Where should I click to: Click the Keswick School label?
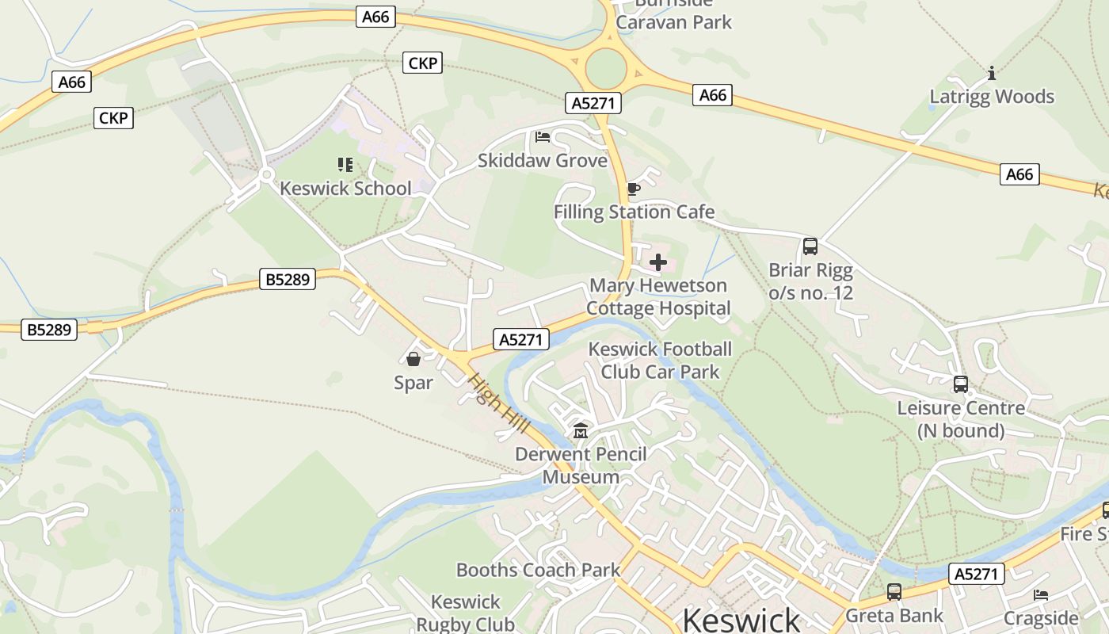[x=345, y=189]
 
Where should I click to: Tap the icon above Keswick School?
[x=345, y=165]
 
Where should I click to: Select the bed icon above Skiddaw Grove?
[x=543, y=137]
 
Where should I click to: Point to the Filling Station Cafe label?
[x=634, y=212]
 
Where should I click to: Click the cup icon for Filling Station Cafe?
[x=633, y=189]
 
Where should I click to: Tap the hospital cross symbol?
[x=658, y=262]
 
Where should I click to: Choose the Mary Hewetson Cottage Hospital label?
[x=658, y=297]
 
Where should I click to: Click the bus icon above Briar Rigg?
[x=810, y=246]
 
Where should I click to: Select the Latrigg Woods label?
[x=992, y=97]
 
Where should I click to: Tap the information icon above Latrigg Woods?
[x=992, y=74]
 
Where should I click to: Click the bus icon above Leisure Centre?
[x=961, y=384]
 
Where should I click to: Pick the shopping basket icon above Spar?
[x=413, y=359]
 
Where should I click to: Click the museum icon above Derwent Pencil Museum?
[x=581, y=431]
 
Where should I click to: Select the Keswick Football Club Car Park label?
[x=660, y=361]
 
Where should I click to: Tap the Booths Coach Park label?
[x=538, y=570]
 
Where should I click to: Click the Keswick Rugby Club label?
[x=466, y=613]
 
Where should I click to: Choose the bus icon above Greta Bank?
[x=894, y=592]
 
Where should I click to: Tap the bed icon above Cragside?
[x=1041, y=594]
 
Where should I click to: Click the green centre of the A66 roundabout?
[x=607, y=68]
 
